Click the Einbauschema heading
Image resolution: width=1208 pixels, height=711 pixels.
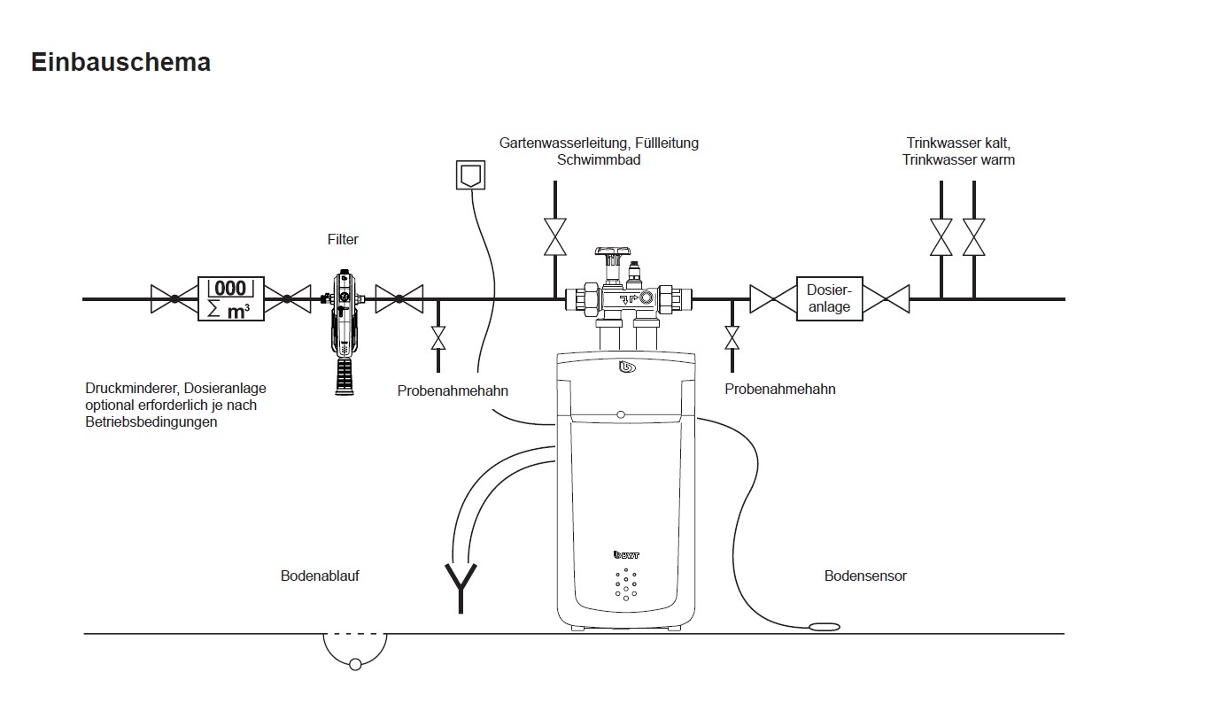tap(120, 62)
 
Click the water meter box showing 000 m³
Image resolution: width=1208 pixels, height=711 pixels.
tap(231, 298)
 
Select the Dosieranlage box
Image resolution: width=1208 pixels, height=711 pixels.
tap(830, 298)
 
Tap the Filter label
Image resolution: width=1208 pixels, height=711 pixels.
tap(343, 239)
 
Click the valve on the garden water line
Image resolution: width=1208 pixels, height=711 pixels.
tap(555, 236)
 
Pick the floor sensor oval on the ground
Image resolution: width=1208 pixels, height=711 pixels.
tap(825, 627)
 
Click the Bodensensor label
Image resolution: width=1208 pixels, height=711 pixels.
tap(865, 576)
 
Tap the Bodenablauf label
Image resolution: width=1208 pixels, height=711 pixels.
tap(320, 576)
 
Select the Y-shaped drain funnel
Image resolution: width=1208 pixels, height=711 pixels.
tap(461, 588)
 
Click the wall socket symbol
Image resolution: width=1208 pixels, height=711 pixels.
tap(471, 174)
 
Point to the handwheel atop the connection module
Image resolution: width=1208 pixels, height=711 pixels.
tap(613, 251)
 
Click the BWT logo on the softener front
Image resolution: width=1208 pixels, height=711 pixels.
tap(626, 554)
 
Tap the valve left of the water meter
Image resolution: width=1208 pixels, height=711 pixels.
tap(174, 298)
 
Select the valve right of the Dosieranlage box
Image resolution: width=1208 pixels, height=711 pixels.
tap(886, 298)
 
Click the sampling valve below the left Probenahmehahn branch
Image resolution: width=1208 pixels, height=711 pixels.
tap(438, 338)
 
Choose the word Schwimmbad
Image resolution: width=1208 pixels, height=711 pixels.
tap(599, 160)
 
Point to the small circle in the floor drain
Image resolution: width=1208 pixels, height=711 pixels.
tap(355, 665)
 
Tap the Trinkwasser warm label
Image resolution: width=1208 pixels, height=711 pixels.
tap(958, 160)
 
